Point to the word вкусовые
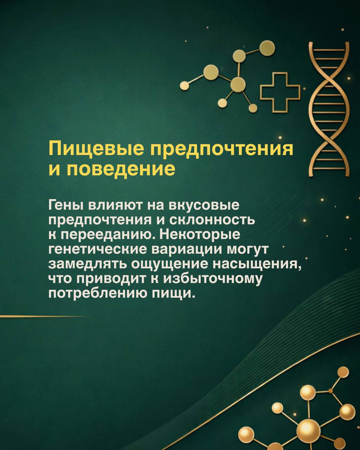204,205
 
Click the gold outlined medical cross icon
280,92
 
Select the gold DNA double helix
329,109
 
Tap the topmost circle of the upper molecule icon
267,48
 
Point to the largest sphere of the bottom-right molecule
309,429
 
